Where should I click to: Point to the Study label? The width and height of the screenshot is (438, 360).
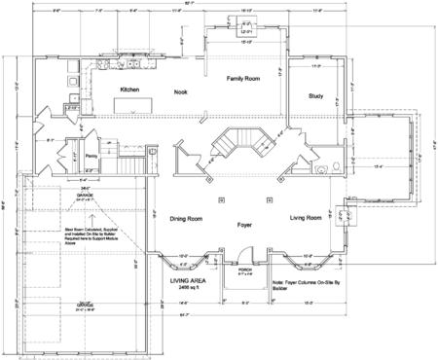[x=314, y=95]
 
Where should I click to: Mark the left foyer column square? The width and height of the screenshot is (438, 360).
[x=222, y=200]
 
